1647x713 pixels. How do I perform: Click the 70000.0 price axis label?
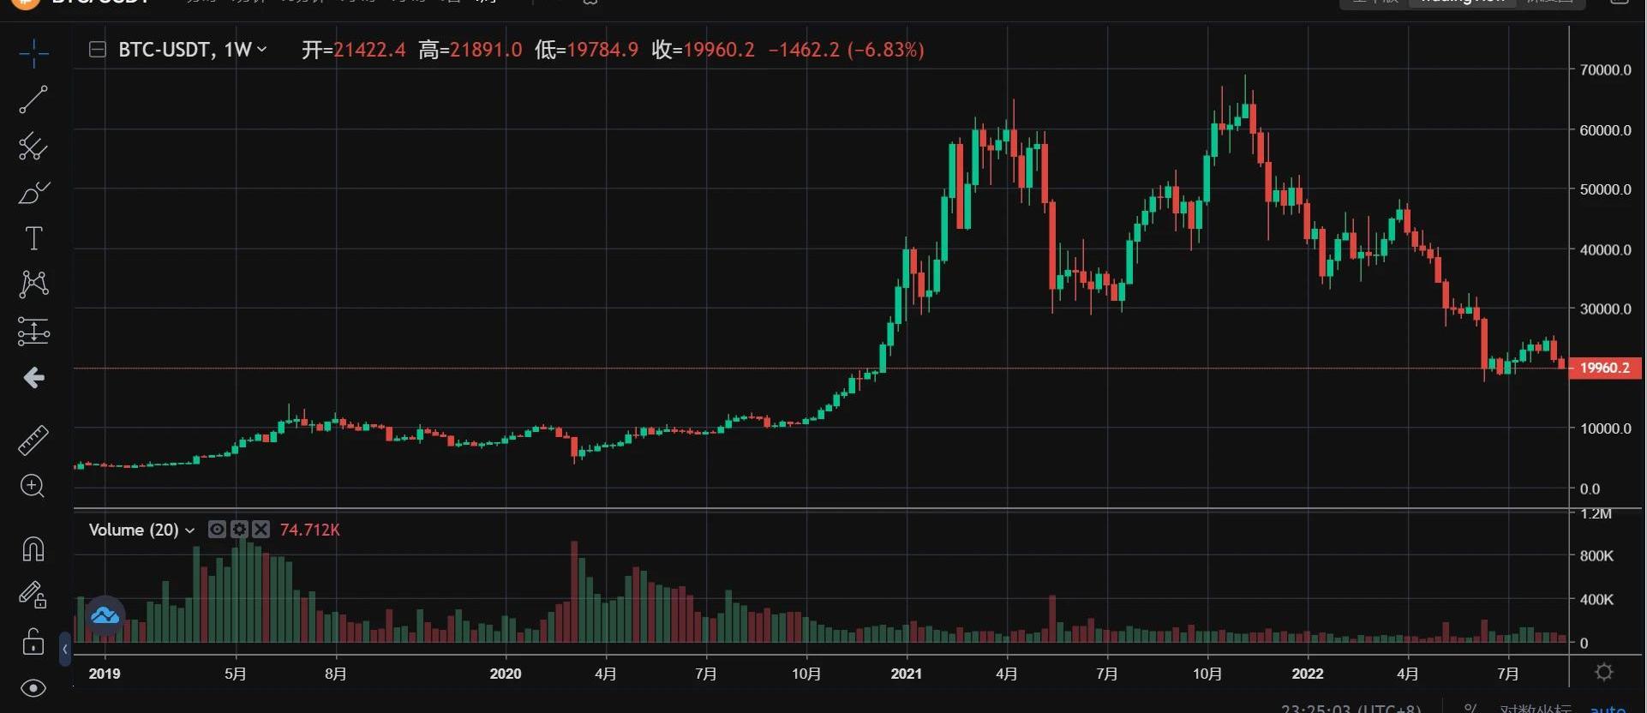[x=1605, y=70]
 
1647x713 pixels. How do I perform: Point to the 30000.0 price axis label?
[x=1605, y=309]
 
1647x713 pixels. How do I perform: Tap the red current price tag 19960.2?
[x=1604, y=368]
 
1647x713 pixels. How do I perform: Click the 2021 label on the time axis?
[x=906, y=674]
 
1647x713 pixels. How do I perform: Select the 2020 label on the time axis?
[x=505, y=674]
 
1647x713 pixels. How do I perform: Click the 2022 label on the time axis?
[x=1307, y=674]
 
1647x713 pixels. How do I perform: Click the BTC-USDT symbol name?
[x=164, y=50]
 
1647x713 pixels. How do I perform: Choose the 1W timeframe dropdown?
[x=245, y=50]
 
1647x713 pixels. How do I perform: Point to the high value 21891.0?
[x=486, y=50]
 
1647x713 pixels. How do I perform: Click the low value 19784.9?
[x=602, y=50]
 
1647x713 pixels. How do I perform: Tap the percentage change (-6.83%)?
[x=885, y=50]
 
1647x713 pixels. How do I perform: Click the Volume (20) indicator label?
[x=134, y=530]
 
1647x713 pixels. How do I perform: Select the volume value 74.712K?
[x=310, y=530]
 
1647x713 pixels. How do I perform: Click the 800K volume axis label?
[x=1596, y=556]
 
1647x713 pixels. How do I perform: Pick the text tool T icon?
[x=33, y=238]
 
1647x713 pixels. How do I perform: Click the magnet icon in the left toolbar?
[x=33, y=548]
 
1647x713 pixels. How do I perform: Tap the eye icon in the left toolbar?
[x=33, y=688]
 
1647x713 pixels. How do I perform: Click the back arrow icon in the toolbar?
[x=33, y=377]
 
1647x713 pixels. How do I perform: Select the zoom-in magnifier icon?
[x=33, y=487]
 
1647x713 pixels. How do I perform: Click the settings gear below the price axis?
[x=1604, y=673]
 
